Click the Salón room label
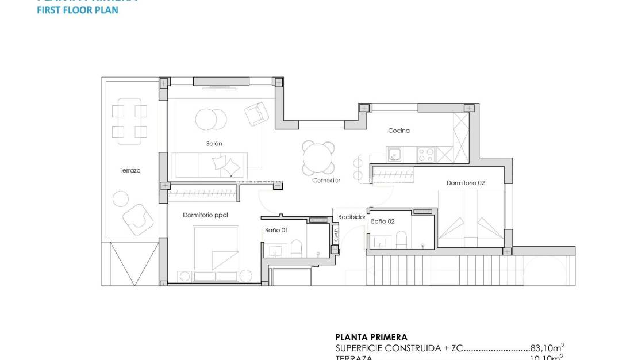214,144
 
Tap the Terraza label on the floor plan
130,170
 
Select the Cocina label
399,131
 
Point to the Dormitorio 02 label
466,183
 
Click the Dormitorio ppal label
205,215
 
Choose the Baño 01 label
276,230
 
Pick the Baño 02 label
383,221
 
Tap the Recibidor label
351,217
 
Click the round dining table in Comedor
319,158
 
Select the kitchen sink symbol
395,154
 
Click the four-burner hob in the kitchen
425,154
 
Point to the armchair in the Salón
256,113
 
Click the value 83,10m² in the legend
547,348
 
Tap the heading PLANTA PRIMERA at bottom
371,338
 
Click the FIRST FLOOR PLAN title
78,10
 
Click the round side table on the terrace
121,199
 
